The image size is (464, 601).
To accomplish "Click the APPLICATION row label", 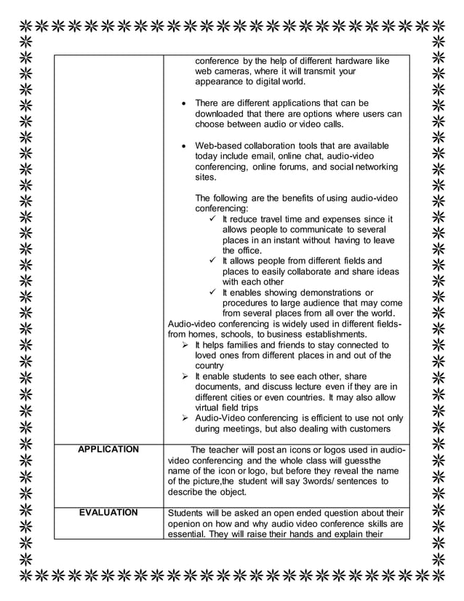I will click(108, 449).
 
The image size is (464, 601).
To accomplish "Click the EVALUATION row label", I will click(108, 512).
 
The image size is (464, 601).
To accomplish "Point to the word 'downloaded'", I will click(223, 114).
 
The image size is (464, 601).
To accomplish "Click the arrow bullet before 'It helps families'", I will click(185, 345).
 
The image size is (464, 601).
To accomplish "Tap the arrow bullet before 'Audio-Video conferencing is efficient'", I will click(185, 418).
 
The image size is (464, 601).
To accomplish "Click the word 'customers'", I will click(369, 429).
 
